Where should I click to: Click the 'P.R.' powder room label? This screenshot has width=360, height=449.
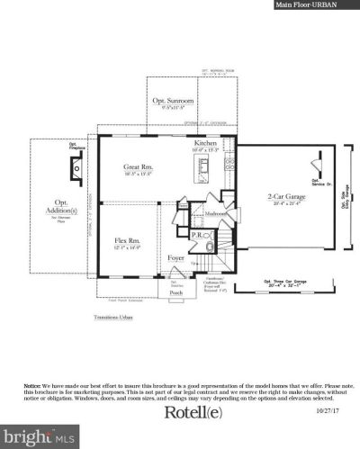196,235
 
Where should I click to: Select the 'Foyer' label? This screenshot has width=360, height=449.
177,259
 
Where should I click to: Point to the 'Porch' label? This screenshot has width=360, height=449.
177,292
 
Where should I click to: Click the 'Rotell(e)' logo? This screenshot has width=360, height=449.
196,413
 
